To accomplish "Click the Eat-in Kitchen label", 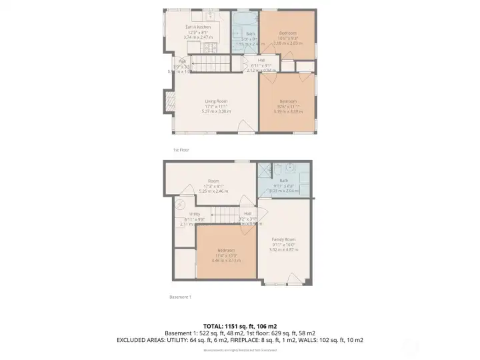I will (198, 27).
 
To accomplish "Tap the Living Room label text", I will (216, 101).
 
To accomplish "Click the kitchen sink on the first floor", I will (209, 14).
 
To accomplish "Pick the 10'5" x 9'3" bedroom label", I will (287, 33).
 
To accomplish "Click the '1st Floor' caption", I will (181, 150).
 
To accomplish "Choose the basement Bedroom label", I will (225, 251).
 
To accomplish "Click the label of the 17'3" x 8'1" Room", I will (213, 181).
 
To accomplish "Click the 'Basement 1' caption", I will (181, 297).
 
